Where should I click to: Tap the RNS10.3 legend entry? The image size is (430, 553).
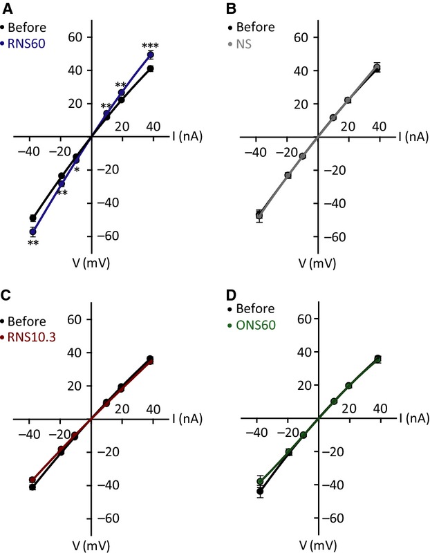pos(34,337)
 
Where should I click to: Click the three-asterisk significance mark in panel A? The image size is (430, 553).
pos(150,47)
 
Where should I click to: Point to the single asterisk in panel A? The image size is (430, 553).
pos(77,170)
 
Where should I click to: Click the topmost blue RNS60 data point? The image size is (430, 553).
pos(150,55)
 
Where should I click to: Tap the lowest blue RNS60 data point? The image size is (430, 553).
pos(32,232)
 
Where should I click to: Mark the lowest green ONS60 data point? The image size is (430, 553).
pos(261,481)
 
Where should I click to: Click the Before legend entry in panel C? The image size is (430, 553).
pos(27,321)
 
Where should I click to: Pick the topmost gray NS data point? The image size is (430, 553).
pos(377,67)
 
